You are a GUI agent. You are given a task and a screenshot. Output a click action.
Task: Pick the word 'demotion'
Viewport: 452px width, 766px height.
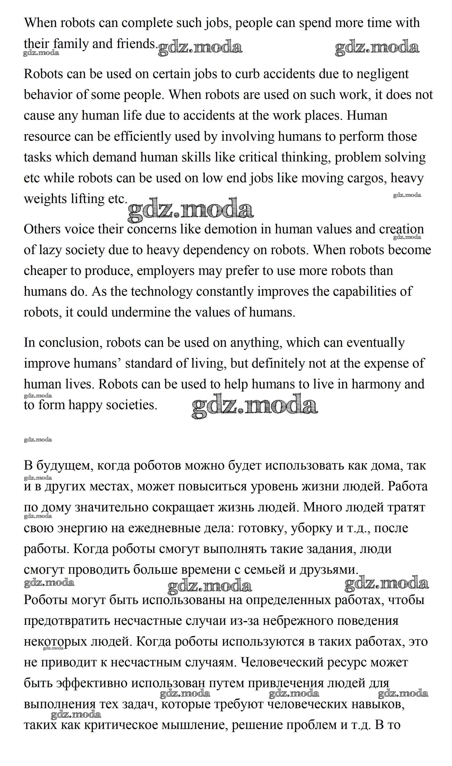pyautogui.click(x=231, y=229)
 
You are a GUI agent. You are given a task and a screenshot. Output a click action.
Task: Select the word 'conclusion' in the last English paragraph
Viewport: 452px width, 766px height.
pyautogui.click(x=69, y=343)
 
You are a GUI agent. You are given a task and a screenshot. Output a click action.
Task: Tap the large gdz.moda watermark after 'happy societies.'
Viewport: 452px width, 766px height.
pyautogui.click(x=255, y=406)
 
